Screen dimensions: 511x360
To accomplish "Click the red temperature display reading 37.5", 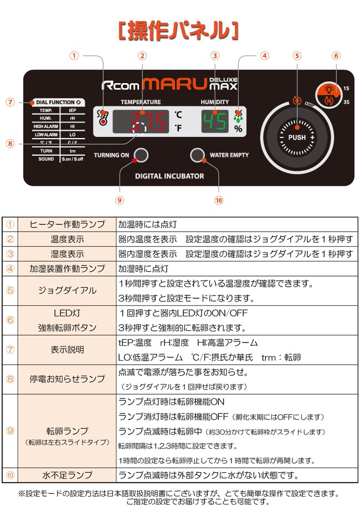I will coord(141,121).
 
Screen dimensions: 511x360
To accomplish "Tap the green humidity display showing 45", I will coord(214,121).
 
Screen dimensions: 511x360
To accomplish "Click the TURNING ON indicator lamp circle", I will coord(142,155).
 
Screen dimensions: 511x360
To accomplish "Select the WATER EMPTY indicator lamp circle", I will coord(198,155).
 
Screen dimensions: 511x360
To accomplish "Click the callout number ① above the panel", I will coord(75,56).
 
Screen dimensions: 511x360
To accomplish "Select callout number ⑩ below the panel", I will coord(218,200).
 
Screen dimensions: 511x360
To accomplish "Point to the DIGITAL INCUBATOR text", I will coord(169,176).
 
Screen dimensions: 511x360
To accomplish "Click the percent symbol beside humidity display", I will coord(238,129).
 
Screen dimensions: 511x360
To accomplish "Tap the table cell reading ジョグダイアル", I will coord(67,290).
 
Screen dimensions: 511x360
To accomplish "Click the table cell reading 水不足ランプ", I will coord(67,475).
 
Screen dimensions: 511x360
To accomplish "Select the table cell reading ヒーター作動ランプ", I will coord(67,224).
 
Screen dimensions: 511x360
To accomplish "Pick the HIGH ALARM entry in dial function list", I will coord(46,126).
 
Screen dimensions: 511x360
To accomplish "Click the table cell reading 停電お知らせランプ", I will coord(67,379).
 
